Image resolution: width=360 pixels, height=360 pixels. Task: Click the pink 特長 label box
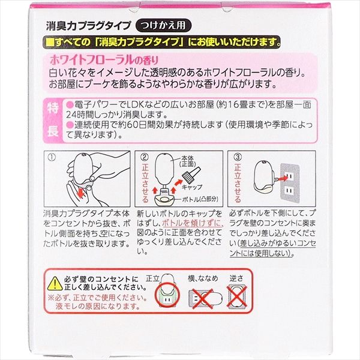click(52, 118)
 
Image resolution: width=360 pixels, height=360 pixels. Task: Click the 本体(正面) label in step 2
click(196, 162)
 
